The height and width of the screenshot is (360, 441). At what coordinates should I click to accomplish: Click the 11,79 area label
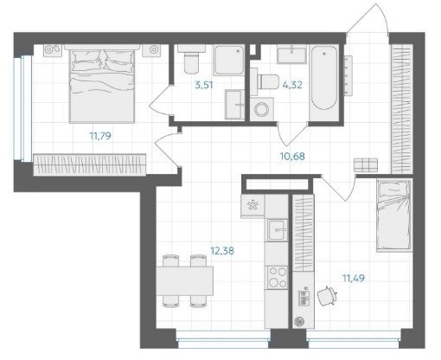tap(100, 136)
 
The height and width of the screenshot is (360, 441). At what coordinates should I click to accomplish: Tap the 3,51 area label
tap(204, 85)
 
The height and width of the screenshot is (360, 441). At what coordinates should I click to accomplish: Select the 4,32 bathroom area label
tap(292, 85)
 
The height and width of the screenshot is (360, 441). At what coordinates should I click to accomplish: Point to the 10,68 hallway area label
tap(292, 157)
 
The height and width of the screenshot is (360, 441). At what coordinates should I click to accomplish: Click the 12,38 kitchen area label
tap(222, 251)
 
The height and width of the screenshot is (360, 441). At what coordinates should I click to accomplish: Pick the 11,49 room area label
tap(354, 279)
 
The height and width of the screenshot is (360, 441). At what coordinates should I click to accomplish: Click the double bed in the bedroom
tap(102, 84)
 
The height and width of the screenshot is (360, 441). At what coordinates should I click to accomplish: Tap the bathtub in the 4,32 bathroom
tap(324, 82)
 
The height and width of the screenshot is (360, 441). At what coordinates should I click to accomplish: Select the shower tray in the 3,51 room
tap(229, 61)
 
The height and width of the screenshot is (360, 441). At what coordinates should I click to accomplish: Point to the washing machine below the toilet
tap(262, 109)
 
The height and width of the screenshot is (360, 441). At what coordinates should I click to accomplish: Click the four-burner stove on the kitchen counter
tap(278, 278)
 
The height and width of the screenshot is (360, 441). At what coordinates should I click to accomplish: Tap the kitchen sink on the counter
tap(278, 230)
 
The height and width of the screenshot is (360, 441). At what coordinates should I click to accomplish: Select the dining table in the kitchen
tap(185, 281)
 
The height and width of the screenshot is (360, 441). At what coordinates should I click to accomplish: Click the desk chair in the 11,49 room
tap(328, 295)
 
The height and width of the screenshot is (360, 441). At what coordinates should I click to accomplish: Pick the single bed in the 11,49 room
tap(393, 215)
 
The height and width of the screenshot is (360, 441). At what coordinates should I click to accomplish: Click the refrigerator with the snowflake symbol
tap(252, 206)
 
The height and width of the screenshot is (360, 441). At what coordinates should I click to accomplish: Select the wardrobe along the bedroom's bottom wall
tap(90, 164)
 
